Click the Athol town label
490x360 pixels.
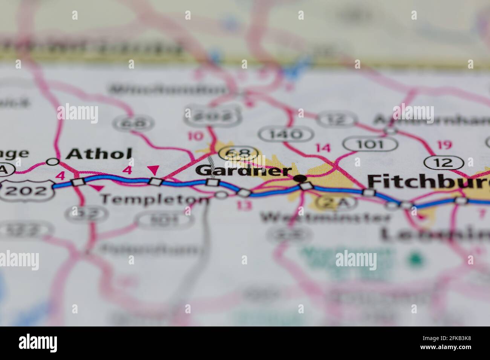point(99,154)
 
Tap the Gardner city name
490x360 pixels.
point(244,171)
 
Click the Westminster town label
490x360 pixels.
point(326,217)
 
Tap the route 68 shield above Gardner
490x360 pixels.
point(239,153)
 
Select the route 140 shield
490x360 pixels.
point(286,134)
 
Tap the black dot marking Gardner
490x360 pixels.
point(300,178)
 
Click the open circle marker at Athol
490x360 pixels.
point(53,162)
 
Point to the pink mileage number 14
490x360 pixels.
point(323,148)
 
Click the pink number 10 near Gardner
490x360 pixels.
point(195,136)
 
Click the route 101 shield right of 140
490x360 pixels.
point(371,144)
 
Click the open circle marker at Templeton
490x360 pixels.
point(221,194)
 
